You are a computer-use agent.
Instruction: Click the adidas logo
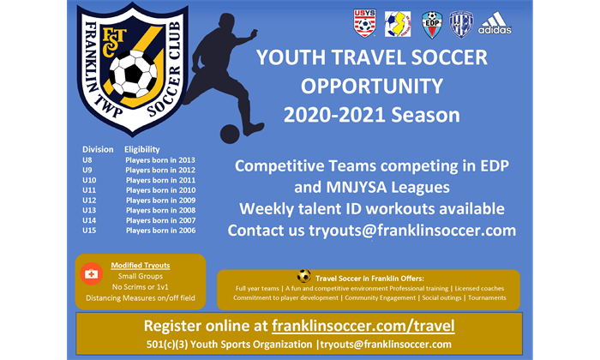click(x=495, y=23)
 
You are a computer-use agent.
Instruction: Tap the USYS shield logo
click(x=364, y=23)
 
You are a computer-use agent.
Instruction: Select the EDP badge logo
click(x=432, y=25)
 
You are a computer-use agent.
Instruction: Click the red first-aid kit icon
click(x=91, y=273)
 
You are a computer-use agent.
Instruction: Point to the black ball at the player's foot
click(x=230, y=134)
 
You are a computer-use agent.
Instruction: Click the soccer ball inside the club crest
click(x=133, y=74)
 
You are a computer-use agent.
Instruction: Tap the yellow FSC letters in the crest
click(x=113, y=41)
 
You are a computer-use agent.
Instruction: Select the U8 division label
click(x=87, y=160)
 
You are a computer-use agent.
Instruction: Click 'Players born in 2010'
click(x=161, y=190)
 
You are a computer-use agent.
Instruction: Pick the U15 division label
click(x=89, y=231)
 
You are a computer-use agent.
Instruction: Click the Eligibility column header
click(x=142, y=149)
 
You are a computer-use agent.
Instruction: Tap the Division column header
click(x=98, y=149)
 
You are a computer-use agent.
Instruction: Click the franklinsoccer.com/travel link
click(x=363, y=326)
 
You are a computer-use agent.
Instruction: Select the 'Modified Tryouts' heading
click(x=141, y=265)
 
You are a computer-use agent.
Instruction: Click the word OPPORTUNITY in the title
click(x=371, y=86)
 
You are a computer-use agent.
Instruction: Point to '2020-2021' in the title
click(x=333, y=115)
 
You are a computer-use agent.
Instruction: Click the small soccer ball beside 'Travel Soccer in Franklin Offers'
click(x=303, y=276)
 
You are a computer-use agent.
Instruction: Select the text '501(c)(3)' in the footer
click(x=167, y=345)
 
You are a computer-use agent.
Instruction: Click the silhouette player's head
click(x=227, y=23)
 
